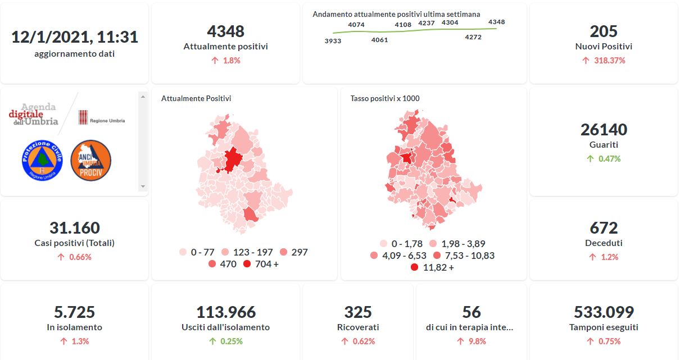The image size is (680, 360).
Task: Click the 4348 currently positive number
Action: [225, 31]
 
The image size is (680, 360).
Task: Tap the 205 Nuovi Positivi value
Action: [604, 31]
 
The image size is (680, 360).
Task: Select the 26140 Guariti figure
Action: [604, 130]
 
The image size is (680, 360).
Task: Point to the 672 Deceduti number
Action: [604, 228]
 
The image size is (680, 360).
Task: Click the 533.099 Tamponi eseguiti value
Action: [604, 312]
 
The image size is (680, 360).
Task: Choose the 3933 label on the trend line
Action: [333, 41]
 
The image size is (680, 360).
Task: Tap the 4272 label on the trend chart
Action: [473, 37]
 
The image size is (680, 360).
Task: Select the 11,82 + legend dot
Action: [415, 268]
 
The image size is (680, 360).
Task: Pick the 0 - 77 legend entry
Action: [200, 252]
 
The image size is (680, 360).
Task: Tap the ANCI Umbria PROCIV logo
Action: [90, 161]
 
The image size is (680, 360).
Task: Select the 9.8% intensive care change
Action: [471, 341]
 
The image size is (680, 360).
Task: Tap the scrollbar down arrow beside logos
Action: [143, 186]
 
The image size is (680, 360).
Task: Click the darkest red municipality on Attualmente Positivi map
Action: [232, 160]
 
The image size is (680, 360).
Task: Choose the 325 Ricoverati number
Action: [358, 312]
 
